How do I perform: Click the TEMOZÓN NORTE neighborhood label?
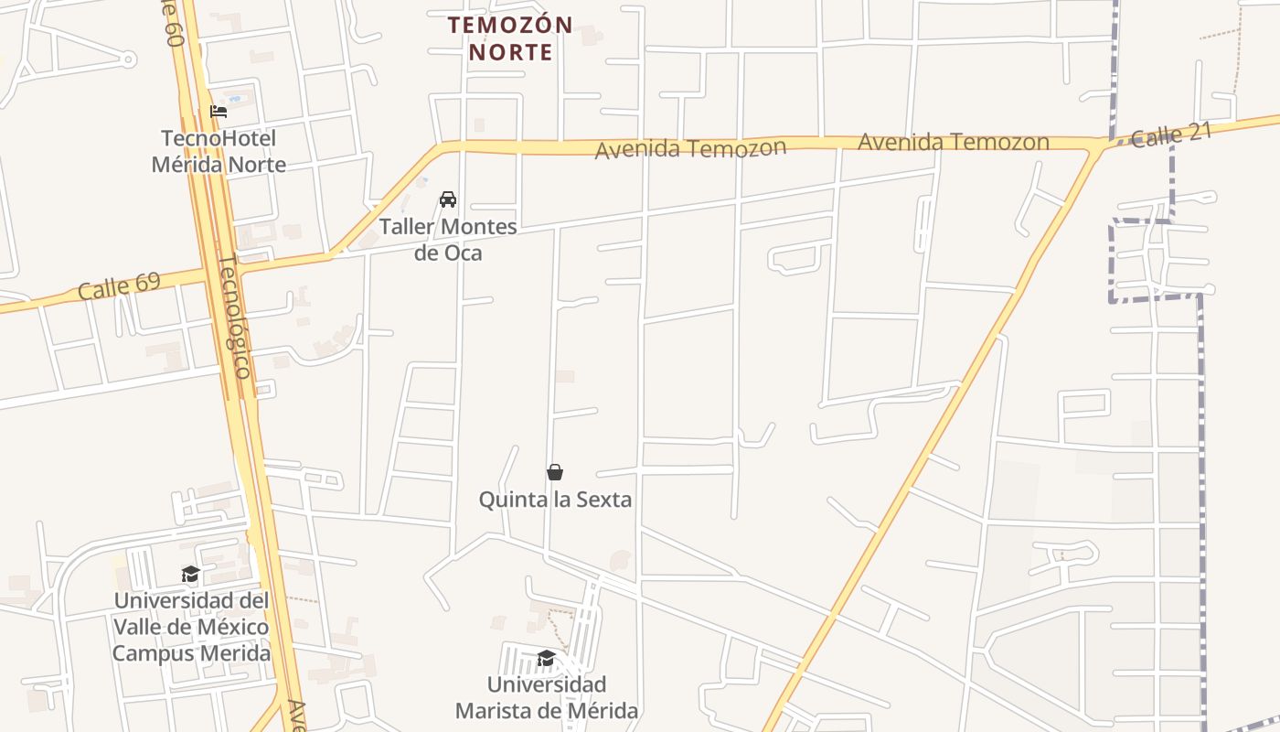511,38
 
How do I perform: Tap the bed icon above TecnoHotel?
219,112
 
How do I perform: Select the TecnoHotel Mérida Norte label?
219,152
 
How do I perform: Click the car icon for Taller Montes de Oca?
448,199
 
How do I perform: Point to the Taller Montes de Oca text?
448,240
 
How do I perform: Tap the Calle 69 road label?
119,285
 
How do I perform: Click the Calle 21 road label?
1171,135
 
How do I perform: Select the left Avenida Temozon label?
690,149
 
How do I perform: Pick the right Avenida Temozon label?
953,143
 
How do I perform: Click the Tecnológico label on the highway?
234,317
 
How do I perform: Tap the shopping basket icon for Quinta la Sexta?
555,472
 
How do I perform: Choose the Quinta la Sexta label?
556,500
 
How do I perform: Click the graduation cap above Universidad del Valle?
191,575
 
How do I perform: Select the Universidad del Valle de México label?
191,627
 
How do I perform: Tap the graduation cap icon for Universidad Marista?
546,659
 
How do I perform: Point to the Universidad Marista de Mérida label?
547,697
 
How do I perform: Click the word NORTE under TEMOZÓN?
511,52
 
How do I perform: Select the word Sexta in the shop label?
605,500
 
